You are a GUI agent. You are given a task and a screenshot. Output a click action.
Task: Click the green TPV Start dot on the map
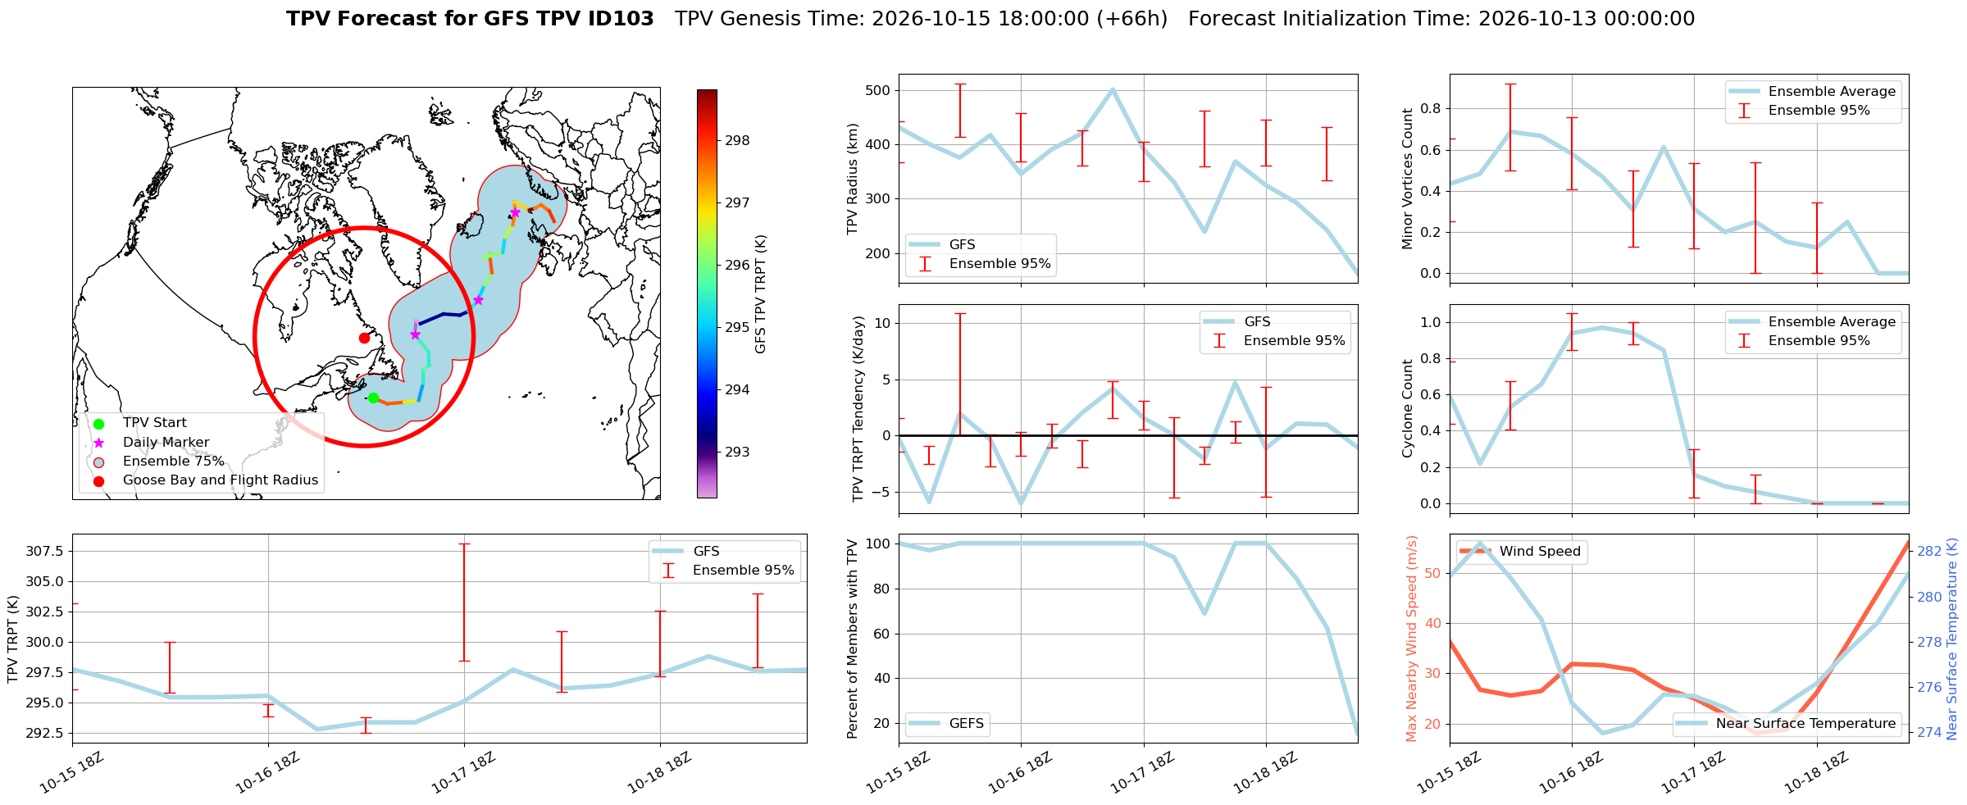[373, 398]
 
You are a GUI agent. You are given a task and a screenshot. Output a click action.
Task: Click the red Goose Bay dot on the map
[364, 338]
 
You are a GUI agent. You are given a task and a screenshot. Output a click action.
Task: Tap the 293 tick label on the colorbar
[737, 453]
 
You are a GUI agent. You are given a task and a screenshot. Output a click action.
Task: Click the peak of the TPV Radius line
[1113, 89]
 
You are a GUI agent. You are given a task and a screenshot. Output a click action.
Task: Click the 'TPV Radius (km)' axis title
[853, 179]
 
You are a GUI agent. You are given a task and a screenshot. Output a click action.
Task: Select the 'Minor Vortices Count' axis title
[1408, 179]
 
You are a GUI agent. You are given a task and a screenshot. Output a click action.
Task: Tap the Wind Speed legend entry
[1522, 552]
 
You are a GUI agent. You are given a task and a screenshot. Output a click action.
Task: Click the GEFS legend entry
[947, 724]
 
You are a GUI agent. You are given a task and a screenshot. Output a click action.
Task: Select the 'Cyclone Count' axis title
[1408, 408]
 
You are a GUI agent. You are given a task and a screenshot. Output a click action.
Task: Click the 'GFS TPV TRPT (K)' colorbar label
[761, 294]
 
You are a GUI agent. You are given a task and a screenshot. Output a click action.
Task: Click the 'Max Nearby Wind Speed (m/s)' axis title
[1412, 639]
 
